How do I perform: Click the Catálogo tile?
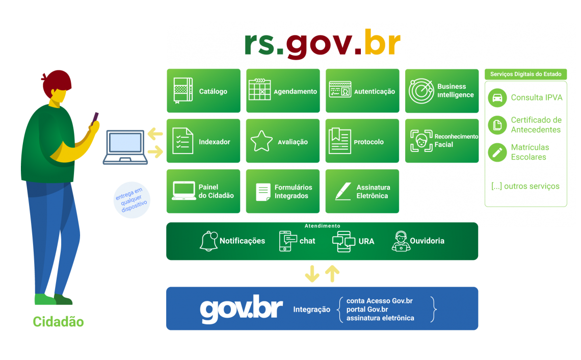click(203, 91)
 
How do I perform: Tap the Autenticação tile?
click(362, 91)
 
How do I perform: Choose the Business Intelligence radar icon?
click(421, 91)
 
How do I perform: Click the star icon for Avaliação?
click(261, 141)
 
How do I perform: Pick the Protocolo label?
click(368, 142)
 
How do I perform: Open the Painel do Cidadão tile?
click(203, 191)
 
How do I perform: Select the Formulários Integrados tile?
click(283, 191)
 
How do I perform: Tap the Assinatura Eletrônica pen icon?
click(342, 191)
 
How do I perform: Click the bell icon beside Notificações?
click(208, 241)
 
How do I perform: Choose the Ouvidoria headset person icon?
click(401, 241)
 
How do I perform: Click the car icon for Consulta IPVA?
click(497, 97)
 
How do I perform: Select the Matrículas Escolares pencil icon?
click(497, 152)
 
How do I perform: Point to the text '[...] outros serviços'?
click(525, 186)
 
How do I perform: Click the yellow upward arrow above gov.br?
click(332, 274)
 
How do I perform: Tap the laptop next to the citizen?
click(125, 147)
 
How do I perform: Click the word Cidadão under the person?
click(58, 322)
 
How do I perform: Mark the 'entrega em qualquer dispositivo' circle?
click(131, 199)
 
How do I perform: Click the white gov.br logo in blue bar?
click(241, 308)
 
